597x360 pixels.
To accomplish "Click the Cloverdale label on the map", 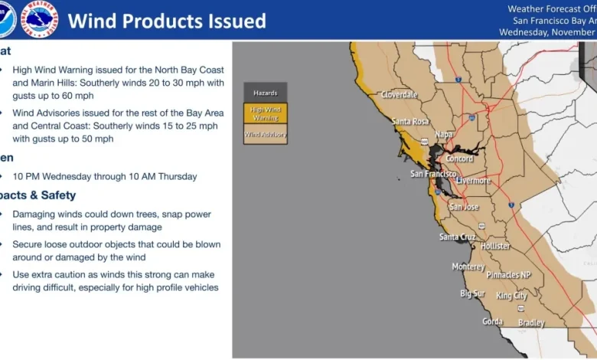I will click(x=400, y=95).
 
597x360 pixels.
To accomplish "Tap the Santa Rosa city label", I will click(x=411, y=121).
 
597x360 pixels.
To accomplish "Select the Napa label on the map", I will click(x=444, y=134).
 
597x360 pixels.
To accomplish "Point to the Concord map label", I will click(x=459, y=159).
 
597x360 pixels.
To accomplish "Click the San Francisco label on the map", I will click(x=433, y=174).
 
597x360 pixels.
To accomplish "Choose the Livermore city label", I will click(x=474, y=181).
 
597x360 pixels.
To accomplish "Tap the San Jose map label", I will click(x=464, y=207).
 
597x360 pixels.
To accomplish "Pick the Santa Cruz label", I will click(x=458, y=237).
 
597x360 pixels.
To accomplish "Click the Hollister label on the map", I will click(x=496, y=246).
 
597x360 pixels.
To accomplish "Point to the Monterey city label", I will click(x=468, y=267).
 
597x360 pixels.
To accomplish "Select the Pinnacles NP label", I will click(x=509, y=275).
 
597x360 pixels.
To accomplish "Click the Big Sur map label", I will click(x=473, y=293).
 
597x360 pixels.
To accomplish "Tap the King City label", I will click(x=511, y=296).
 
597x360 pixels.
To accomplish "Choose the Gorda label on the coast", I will click(x=492, y=322).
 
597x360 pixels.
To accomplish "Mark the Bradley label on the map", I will click(x=531, y=323).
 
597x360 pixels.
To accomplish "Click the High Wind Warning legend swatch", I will click(x=266, y=113).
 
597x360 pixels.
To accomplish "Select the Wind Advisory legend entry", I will click(x=266, y=134).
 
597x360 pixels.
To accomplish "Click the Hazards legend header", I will click(x=266, y=93).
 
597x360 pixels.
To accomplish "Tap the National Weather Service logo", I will click(x=39, y=19).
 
